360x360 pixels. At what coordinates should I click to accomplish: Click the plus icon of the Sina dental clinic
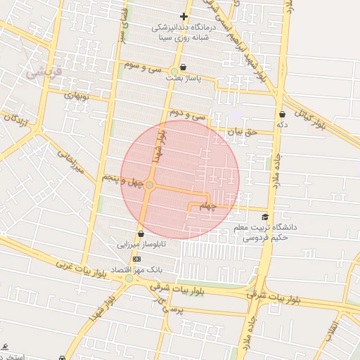coord(184,16)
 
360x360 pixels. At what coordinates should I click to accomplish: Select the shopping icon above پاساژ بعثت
coord(184,68)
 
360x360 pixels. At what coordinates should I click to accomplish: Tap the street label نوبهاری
coord(79,94)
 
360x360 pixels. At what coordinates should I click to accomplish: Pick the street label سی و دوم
coord(184,114)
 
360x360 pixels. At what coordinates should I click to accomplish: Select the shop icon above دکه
coord(282,114)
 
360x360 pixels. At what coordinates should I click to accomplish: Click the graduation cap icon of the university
coord(265,217)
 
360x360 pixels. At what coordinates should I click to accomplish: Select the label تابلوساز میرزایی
coord(142,245)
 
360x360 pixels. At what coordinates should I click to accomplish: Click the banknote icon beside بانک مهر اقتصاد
coord(136,259)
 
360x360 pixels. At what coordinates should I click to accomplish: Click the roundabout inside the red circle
coord(150,184)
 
